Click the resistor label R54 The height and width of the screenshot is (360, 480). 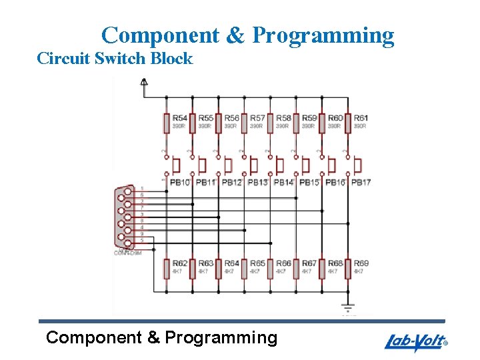[179, 118]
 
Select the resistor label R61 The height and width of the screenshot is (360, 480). [361, 118]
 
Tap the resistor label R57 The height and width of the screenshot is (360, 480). [257, 118]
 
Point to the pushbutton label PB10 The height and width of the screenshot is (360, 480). [179, 182]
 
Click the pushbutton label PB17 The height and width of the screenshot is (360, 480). [361, 182]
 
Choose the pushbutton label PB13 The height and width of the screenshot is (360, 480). [257, 182]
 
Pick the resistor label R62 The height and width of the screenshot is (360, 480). [179, 263]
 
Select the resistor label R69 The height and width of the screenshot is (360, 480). [361, 263]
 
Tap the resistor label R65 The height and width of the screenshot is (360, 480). [257, 263]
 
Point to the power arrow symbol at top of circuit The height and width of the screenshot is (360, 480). [143, 82]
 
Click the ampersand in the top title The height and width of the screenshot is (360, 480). [236, 35]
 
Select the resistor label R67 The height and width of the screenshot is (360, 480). [309, 263]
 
